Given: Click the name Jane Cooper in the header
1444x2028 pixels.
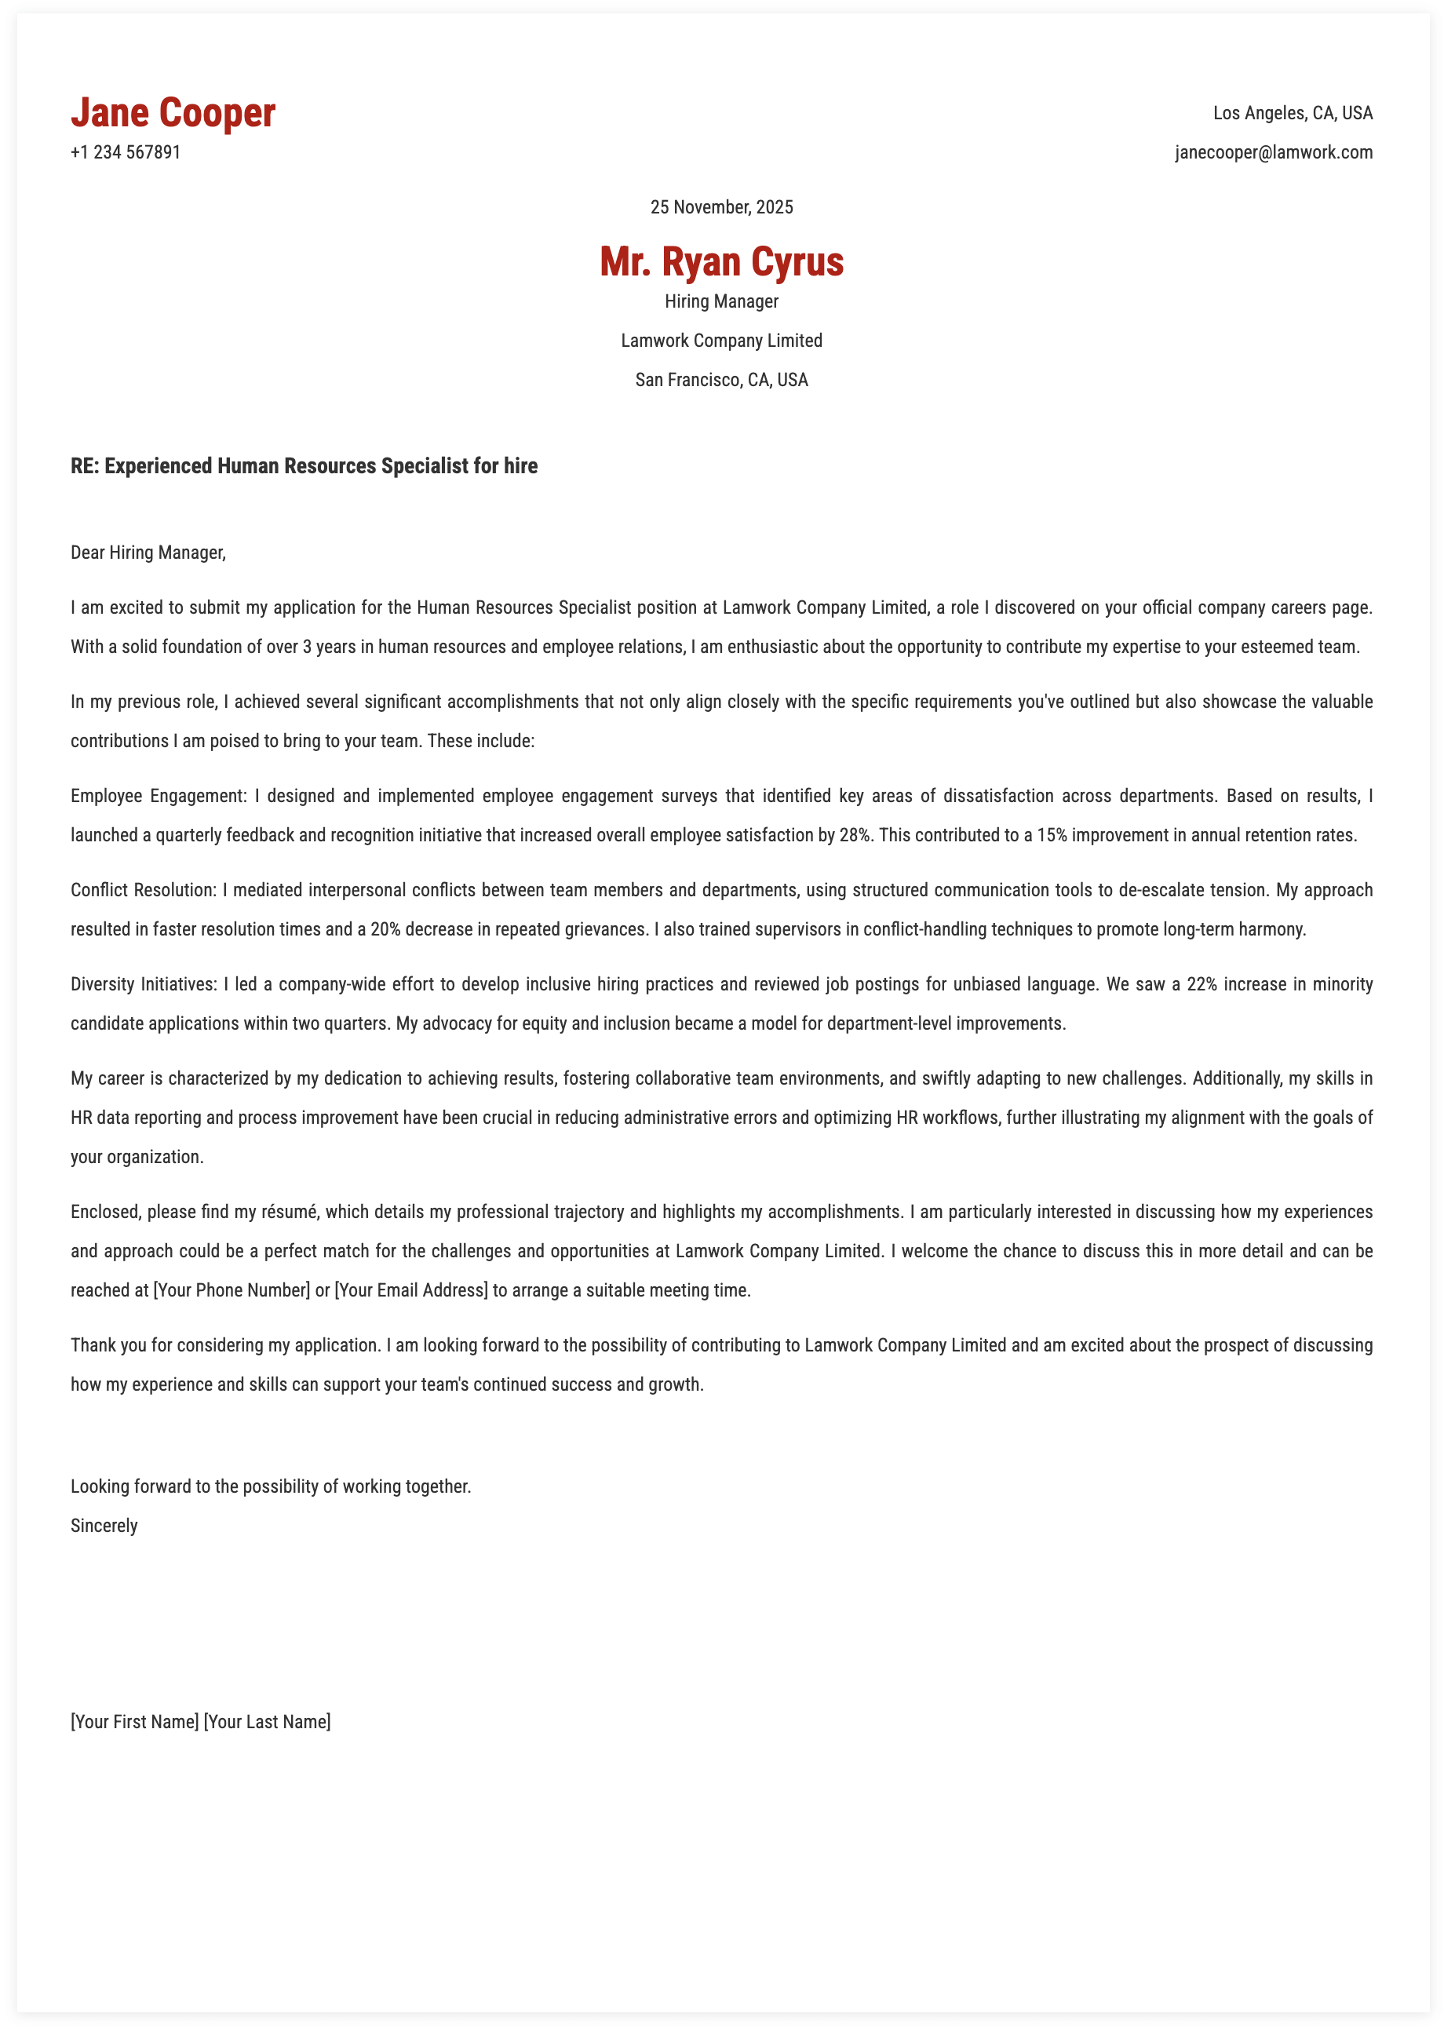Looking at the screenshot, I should [173, 113].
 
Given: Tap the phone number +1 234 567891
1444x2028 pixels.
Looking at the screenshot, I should [126, 152].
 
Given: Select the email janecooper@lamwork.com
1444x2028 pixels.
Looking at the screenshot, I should [1273, 152].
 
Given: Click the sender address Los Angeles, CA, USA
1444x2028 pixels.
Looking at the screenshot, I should [1292, 113].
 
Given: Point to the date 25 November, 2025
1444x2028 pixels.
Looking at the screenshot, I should [721, 207].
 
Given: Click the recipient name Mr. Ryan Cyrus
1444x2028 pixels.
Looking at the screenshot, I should [721, 261].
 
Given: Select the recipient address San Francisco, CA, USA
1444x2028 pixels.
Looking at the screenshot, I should [721, 380].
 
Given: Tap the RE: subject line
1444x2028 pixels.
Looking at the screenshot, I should [304, 466].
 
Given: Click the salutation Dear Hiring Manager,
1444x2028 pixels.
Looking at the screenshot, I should [148, 552].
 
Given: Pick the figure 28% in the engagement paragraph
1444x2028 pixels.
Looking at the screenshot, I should [855, 835].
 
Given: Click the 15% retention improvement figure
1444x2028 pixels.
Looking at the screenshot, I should [1052, 835].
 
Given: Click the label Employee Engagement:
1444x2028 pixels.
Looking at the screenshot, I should [159, 796].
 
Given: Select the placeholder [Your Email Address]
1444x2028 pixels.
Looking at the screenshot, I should [410, 1290].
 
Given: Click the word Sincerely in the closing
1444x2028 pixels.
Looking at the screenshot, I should [104, 1526].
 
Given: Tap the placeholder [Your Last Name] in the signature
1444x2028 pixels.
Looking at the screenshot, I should [267, 1721].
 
